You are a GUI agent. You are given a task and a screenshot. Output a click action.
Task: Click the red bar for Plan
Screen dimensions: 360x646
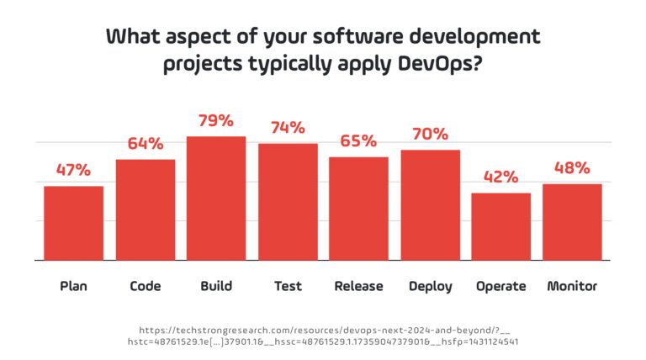point(74,223)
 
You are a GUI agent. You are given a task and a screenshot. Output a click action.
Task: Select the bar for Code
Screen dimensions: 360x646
point(145,209)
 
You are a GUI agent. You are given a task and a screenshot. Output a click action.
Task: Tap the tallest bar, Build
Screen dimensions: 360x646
point(216,198)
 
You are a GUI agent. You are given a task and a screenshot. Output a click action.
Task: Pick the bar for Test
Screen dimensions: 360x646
point(288,202)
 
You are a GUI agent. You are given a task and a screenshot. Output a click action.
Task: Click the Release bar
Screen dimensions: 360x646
point(358,209)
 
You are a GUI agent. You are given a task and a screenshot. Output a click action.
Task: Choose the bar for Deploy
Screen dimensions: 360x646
point(430,205)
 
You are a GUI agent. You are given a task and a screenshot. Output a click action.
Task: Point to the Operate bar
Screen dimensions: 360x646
point(500,226)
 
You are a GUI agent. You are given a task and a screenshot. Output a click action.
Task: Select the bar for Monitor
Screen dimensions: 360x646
point(572,222)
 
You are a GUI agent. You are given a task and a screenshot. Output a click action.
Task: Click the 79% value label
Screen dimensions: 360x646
point(216,120)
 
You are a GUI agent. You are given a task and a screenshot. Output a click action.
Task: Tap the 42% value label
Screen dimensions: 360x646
point(500,177)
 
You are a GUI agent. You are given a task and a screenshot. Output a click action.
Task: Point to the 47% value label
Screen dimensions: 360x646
point(74,170)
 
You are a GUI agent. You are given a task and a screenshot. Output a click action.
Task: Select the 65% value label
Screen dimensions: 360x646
point(358,140)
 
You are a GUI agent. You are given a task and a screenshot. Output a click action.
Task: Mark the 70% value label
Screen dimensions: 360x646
point(430,134)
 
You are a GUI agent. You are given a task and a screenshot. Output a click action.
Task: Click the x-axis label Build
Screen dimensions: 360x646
point(216,286)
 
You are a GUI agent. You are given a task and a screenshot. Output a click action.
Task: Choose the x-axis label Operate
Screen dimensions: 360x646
point(500,286)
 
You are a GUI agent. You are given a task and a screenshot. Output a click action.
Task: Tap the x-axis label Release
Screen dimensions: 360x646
point(358,286)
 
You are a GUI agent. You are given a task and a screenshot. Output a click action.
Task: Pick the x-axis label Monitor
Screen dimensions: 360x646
point(572,286)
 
